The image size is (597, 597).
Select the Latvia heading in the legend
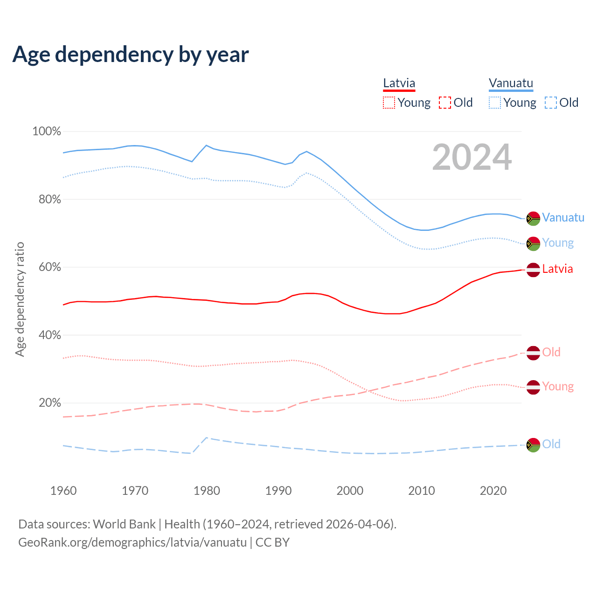[x=399, y=83]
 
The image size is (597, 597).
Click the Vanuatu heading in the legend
[x=511, y=83]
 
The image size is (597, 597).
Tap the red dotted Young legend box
[x=389, y=103]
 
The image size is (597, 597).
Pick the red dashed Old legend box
[x=445, y=103]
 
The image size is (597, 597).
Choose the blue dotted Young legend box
[x=495, y=103]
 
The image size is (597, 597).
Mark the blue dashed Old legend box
[x=551, y=103]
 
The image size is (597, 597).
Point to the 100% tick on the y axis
[x=47, y=132]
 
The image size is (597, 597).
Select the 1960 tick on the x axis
[x=63, y=491]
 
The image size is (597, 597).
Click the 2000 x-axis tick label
[x=350, y=491]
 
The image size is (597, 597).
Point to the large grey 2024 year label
[x=472, y=157]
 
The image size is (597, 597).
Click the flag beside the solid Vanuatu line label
[x=533, y=218]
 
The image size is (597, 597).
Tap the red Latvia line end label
[x=557, y=269]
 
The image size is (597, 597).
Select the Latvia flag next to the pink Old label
[x=533, y=353]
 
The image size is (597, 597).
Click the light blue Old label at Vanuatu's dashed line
[x=551, y=444]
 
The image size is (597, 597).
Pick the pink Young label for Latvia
[x=558, y=387]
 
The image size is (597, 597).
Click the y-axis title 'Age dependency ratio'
[x=20, y=299]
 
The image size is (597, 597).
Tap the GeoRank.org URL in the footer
[x=132, y=542]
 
